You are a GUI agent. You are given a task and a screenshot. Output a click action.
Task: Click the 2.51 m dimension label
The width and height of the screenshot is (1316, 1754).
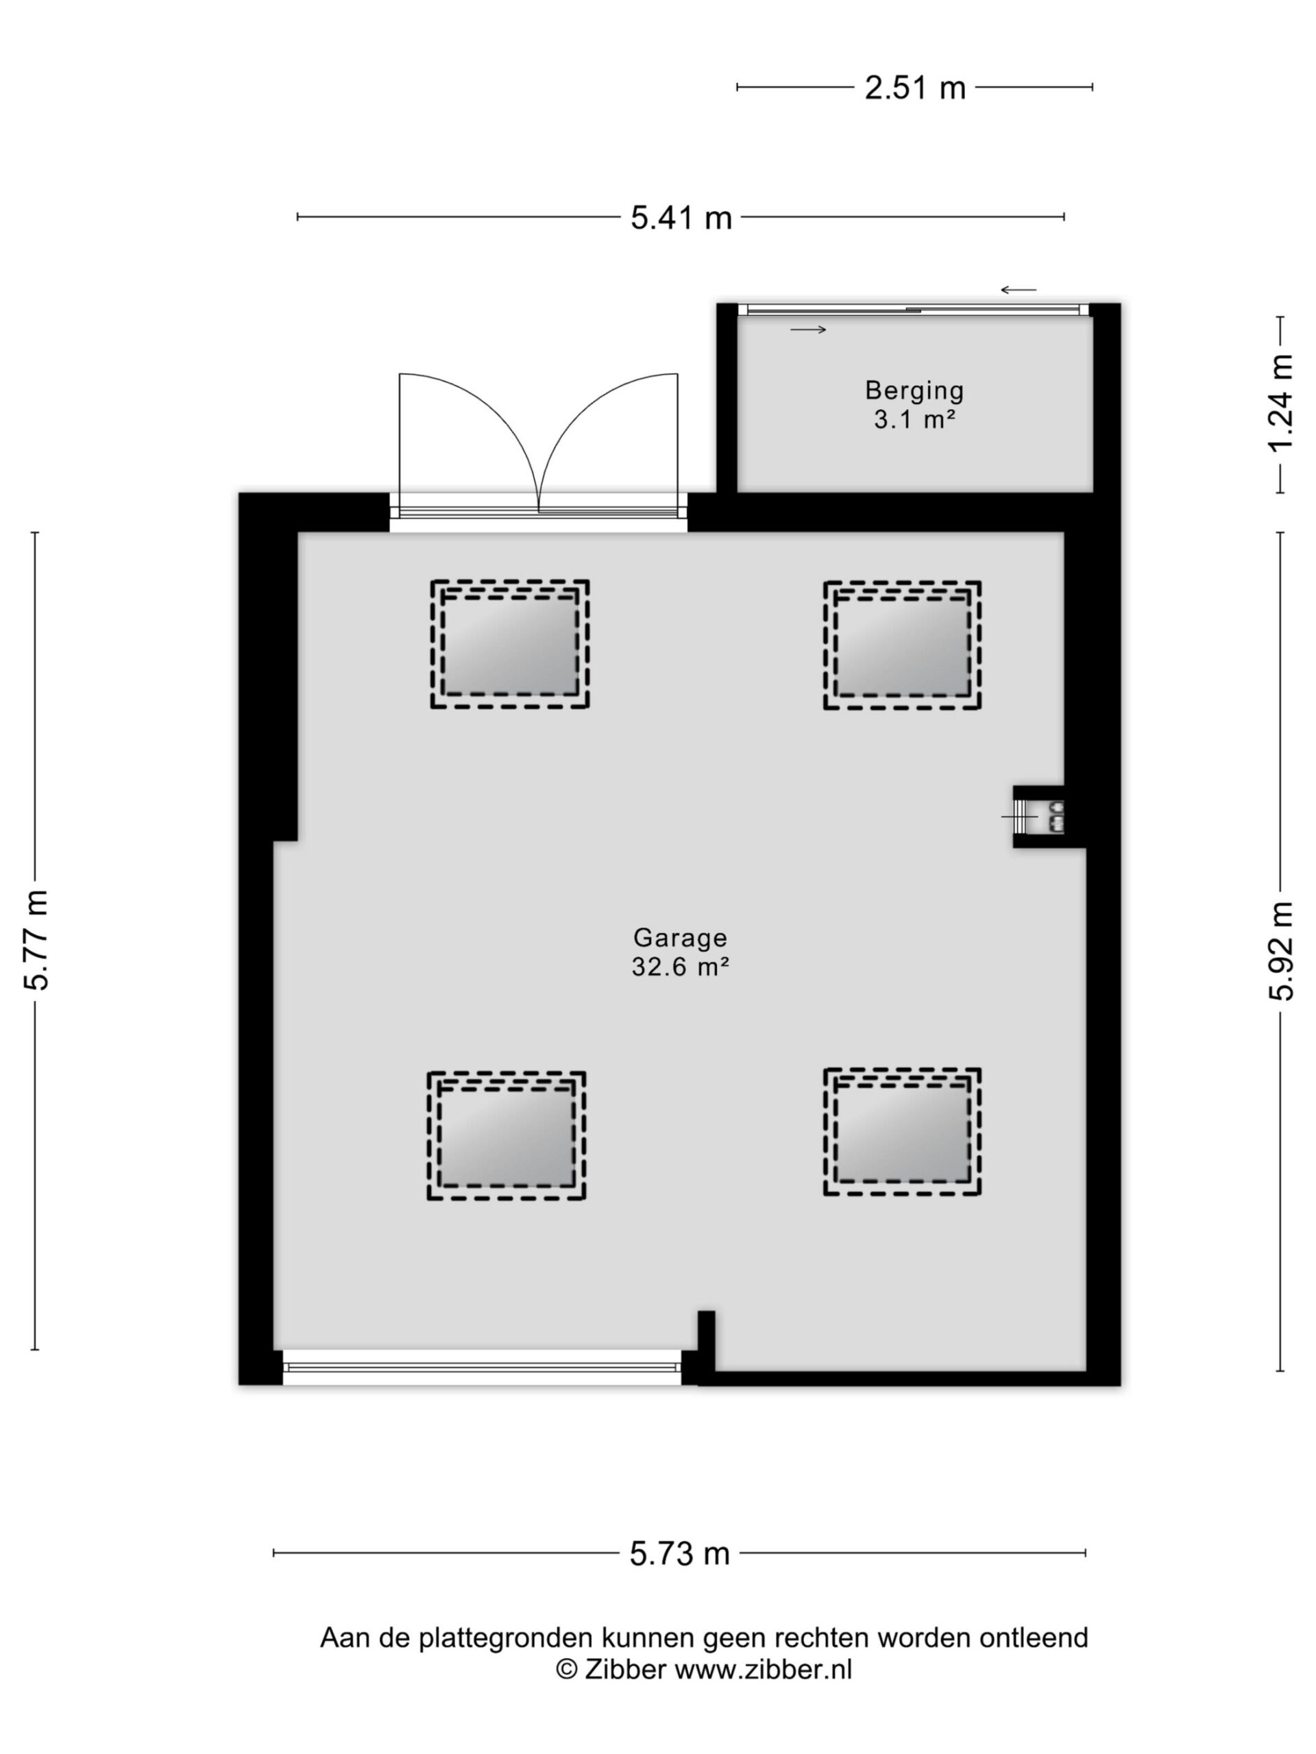914,87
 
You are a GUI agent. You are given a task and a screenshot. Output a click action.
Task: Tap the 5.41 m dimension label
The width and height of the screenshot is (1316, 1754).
681,217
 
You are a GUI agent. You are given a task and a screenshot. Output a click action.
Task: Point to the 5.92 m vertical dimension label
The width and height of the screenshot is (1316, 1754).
1280,952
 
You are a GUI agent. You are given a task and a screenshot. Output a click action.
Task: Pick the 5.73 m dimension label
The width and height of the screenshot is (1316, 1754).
680,1553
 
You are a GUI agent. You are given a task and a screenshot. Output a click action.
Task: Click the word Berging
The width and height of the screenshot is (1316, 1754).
914,390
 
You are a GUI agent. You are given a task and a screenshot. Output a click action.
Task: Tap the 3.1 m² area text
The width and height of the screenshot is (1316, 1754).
914,419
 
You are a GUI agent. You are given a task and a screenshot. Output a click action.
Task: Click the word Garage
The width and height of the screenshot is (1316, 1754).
680,938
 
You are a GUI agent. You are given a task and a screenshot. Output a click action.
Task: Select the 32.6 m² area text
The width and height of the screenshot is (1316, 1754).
680,967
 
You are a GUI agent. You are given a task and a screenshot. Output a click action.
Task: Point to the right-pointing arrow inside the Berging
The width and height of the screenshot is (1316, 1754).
808,330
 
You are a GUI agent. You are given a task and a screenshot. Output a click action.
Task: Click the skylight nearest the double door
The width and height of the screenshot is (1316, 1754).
509,644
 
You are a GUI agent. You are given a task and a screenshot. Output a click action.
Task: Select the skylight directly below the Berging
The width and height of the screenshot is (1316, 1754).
902,645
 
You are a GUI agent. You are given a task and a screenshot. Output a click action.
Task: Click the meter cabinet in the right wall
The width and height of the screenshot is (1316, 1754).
1039,816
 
